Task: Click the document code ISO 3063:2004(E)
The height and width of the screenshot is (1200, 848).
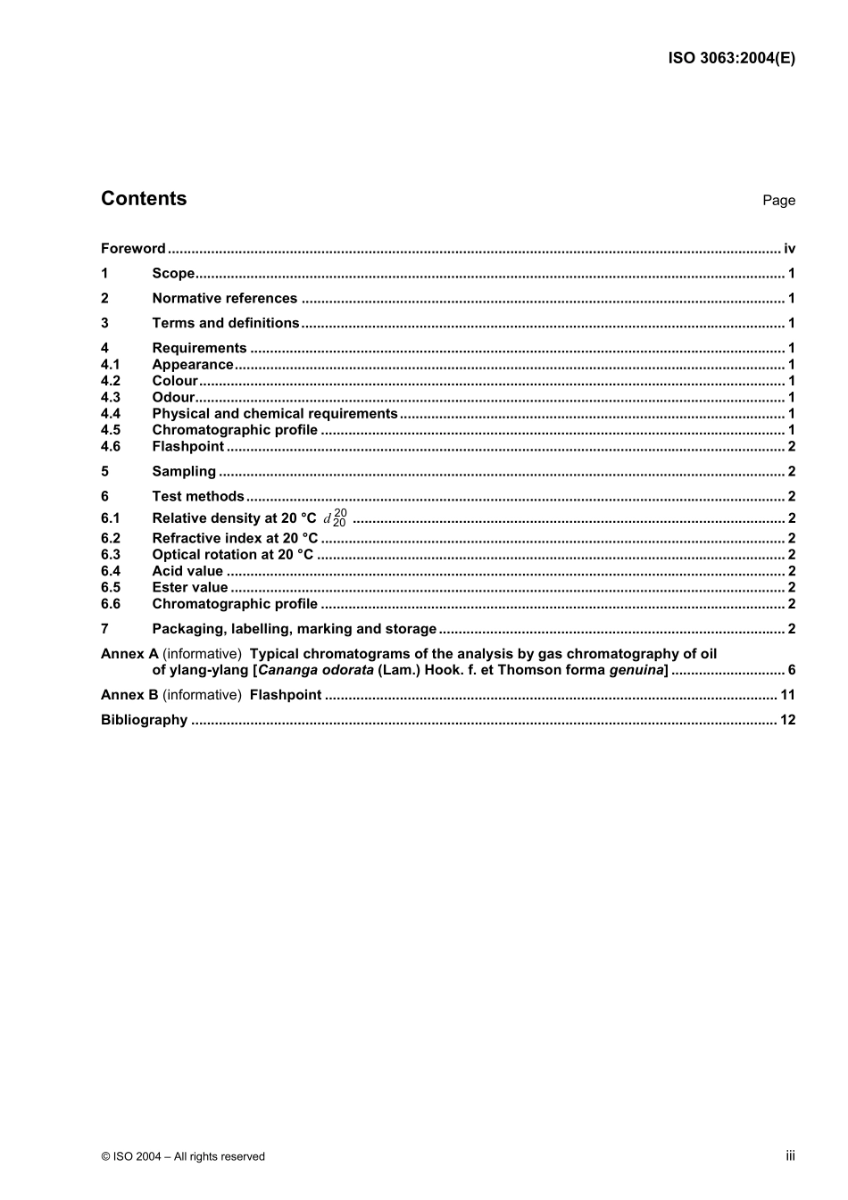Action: click(x=731, y=58)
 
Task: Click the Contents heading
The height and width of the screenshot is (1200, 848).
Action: click(x=144, y=199)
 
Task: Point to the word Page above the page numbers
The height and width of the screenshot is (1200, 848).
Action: click(x=778, y=201)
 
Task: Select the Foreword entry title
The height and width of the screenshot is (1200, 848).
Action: click(x=133, y=249)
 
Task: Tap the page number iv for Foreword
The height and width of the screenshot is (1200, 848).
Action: click(x=789, y=249)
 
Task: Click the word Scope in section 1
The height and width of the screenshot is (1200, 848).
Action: click(x=173, y=274)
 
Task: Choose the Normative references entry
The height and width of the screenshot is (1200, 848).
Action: click(x=224, y=299)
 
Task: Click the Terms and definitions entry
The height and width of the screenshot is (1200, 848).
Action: click(x=225, y=323)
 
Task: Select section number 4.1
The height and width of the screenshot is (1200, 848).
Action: click(x=110, y=365)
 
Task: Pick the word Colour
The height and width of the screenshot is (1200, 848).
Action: click(x=175, y=381)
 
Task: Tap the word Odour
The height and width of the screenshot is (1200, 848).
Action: click(x=173, y=398)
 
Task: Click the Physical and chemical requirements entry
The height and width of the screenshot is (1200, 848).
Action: click(x=274, y=414)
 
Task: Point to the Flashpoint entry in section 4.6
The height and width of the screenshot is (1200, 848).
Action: click(x=187, y=447)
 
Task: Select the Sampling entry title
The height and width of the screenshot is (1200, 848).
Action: click(x=184, y=472)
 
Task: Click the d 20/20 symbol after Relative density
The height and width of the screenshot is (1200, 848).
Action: click(x=336, y=518)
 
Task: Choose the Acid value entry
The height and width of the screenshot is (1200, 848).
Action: click(x=187, y=571)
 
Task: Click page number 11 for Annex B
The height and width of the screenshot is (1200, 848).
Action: click(x=787, y=695)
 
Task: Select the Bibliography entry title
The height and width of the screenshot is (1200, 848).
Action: click(x=144, y=720)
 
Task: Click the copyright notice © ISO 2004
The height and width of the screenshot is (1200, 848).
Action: click(x=183, y=1156)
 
